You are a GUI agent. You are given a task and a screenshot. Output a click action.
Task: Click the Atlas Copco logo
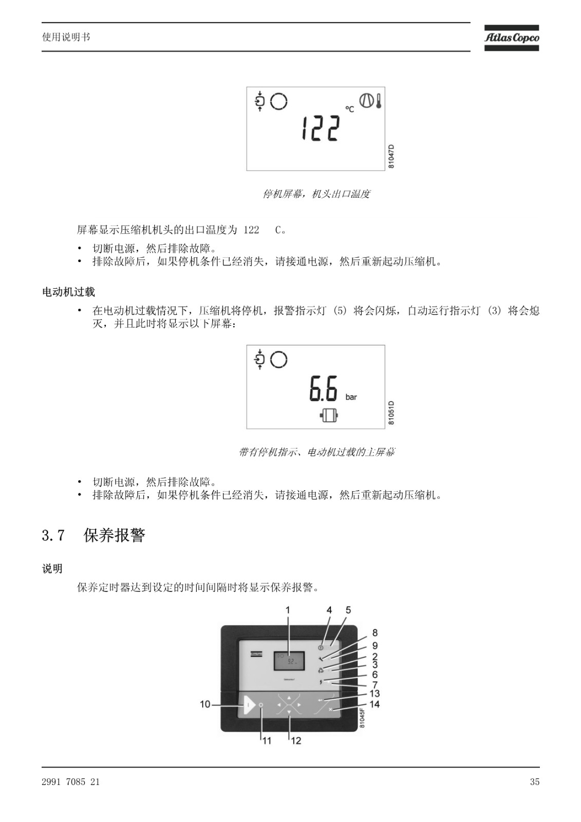coord(511,38)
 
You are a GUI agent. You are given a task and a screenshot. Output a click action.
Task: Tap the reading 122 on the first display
coord(321,128)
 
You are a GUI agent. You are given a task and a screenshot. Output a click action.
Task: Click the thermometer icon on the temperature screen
coord(379,101)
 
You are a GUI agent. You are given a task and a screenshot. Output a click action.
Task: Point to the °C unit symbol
coord(349,109)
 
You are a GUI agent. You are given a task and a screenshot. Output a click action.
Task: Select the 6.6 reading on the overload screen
coord(323,388)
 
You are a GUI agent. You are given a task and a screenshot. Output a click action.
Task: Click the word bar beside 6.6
coord(351,397)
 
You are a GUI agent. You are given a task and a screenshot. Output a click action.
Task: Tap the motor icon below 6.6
coord(329,416)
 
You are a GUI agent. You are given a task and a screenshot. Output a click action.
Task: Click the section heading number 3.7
coord(53,535)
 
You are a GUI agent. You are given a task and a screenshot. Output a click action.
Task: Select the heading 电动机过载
coord(69,292)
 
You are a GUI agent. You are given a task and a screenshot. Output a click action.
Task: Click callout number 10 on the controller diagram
coord(205,704)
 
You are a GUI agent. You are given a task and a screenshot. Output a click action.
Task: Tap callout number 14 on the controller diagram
coord(374,704)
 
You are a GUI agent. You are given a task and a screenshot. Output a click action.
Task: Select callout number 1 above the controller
coord(288,610)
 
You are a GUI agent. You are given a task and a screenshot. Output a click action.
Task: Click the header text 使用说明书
coord(66,37)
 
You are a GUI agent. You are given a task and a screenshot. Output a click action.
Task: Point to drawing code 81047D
coord(391,156)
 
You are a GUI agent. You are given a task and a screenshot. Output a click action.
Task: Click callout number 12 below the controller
coord(296,740)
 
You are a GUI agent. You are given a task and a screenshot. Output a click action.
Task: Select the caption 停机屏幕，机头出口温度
coord(316,194)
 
